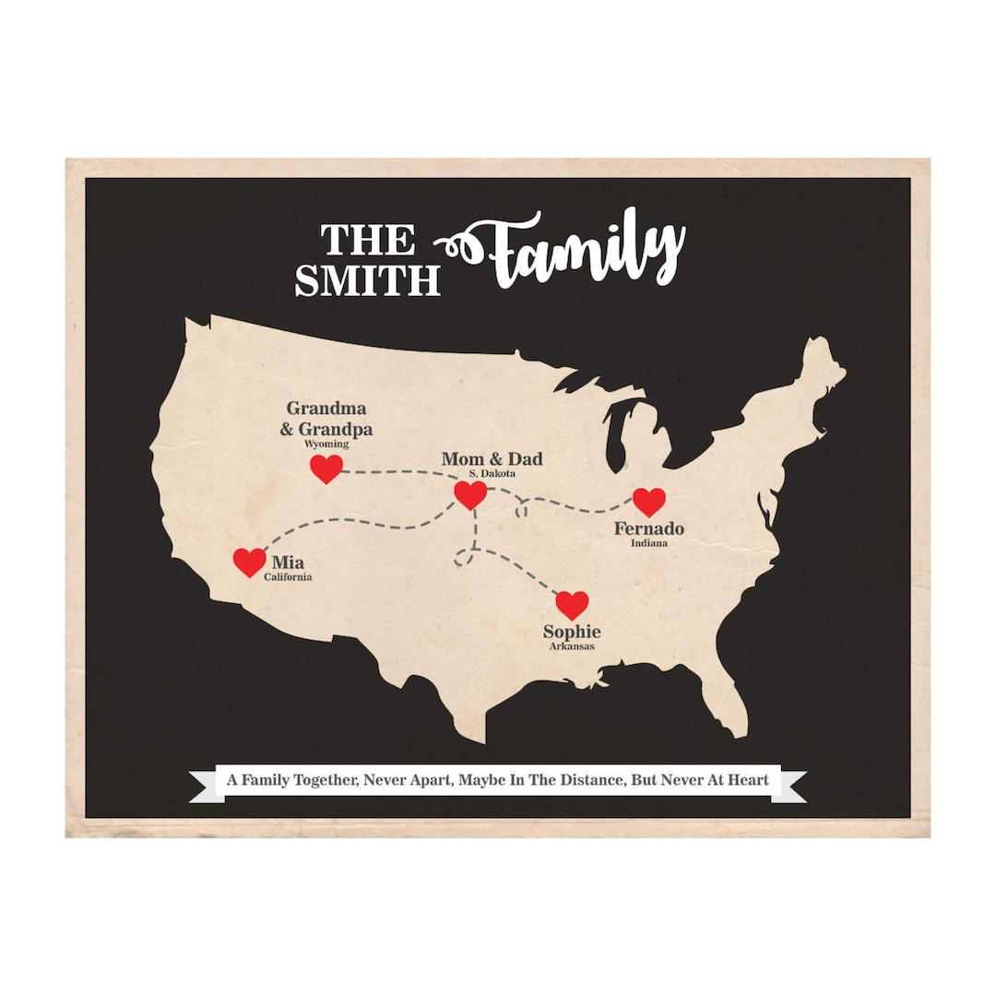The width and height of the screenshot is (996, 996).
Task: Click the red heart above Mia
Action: coord(249,562)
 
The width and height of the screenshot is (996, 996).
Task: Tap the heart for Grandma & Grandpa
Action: coord(326,468)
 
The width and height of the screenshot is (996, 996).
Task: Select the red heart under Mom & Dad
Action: coord(470,495)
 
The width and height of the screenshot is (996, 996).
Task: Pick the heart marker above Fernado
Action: coord(649,502)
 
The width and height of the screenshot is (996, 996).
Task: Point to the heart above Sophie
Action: coord(572,605)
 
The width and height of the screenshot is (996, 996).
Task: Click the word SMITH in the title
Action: coord(367,280)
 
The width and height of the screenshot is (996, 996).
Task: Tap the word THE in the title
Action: coord(368,241)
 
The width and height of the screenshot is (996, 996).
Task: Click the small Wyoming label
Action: coord(326,445)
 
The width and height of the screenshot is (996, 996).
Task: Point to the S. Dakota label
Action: coord(492,474)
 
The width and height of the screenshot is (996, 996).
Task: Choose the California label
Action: coord(288,577)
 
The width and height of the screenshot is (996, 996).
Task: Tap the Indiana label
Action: coord(649,543)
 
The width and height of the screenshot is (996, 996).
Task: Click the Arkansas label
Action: coord(572,646)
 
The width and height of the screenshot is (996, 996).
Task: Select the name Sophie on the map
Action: coord(572,632)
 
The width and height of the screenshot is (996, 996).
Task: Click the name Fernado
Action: coord(649,529)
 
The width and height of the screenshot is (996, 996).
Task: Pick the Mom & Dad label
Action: coord(492,459)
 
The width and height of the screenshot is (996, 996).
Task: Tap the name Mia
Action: coord(288,563)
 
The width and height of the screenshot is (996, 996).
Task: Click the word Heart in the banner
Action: coord(748,780)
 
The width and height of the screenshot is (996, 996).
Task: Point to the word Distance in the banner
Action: coord(589,780)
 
